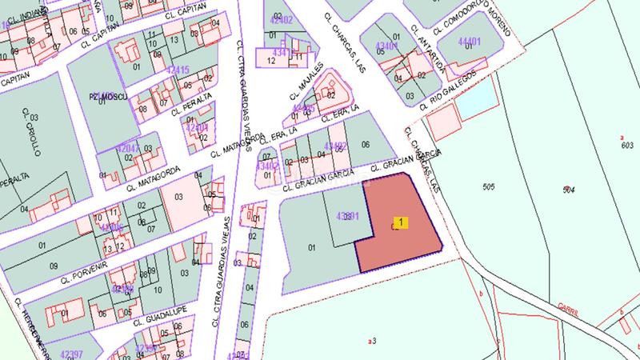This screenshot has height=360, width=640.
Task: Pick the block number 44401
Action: [x=470, y=42]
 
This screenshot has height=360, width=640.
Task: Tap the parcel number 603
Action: [x=626, y=145]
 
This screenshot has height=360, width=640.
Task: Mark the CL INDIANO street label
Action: [x=22, y=14]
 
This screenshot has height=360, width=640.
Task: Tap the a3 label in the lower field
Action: [x=371, y=341]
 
